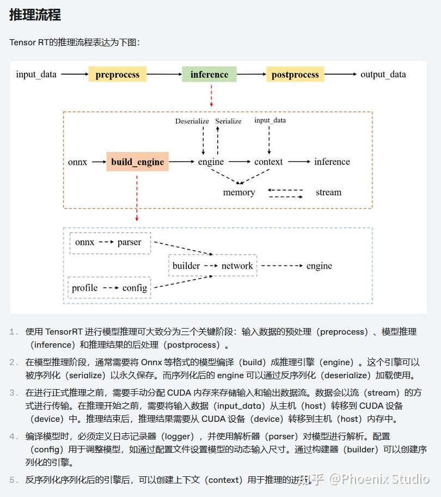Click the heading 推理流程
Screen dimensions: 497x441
point(35,15)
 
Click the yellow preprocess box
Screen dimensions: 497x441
point(118,75)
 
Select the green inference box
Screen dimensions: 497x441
point(209,75)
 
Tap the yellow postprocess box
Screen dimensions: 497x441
point(295,75)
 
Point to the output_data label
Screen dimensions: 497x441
point(383,75)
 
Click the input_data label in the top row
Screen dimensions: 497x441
point(36,75)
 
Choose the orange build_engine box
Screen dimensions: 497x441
point(137,162)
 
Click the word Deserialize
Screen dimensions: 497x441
point(192,121)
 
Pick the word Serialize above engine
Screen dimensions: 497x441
point(228,121)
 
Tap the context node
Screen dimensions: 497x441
point(268,162)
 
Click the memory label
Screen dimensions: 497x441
point(239,192)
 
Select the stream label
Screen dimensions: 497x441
point(328,192)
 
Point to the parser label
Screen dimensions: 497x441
point(129,242)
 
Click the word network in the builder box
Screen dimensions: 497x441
point(237,266)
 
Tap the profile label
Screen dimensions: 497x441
point(85,288)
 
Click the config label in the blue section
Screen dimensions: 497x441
point(134,288)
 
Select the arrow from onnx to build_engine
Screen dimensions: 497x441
point(99,162)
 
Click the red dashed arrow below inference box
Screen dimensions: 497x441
point(211,95)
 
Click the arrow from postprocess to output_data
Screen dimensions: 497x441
point(341,75)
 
